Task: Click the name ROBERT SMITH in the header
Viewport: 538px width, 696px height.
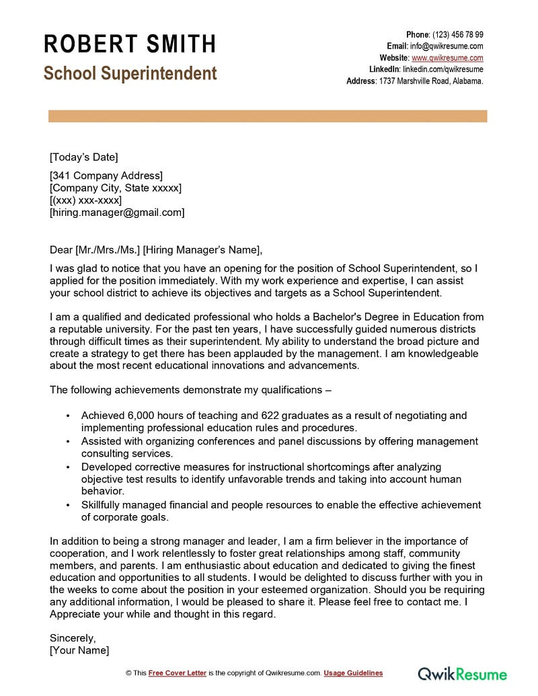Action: [x=130, y=44]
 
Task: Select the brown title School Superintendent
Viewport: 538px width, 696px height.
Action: [x=130, y=73]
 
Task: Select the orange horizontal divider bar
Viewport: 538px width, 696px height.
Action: [x=268, y=117]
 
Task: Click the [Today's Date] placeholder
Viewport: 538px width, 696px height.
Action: [x=83, y=157]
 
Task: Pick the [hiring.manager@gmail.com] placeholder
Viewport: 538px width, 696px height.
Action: [x=117, y=212]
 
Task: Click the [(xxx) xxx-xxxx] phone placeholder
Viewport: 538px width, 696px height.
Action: [x=85, y=200]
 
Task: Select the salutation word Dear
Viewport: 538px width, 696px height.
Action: [x=61, y=250]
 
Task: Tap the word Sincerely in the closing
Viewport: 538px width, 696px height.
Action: [x=73, y=637]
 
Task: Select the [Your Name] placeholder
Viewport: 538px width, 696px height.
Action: [x=79, y=650]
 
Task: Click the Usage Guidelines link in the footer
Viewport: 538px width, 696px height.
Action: [x=353, y=673]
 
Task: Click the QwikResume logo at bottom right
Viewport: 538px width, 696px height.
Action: [x=462, y=673]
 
